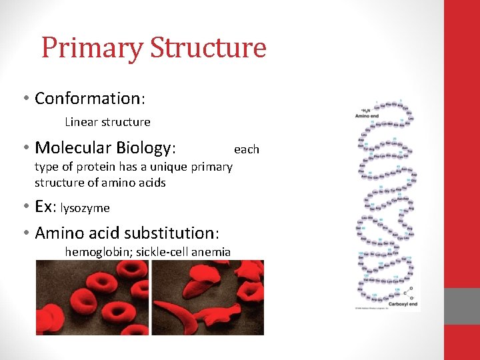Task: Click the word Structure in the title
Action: tap(208, 48)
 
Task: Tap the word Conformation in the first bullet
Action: tap(87, 99)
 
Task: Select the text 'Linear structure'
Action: tap(107, 122)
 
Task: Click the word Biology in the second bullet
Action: tap(145, 147)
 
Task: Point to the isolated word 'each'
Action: tap(246, 149)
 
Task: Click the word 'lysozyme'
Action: tap(85, 208)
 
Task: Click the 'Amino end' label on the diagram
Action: tap(367, 116)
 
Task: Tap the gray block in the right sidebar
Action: tap(462, 306)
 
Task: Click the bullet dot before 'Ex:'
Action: tap(25, 207)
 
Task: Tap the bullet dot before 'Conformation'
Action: tap(25, 99)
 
